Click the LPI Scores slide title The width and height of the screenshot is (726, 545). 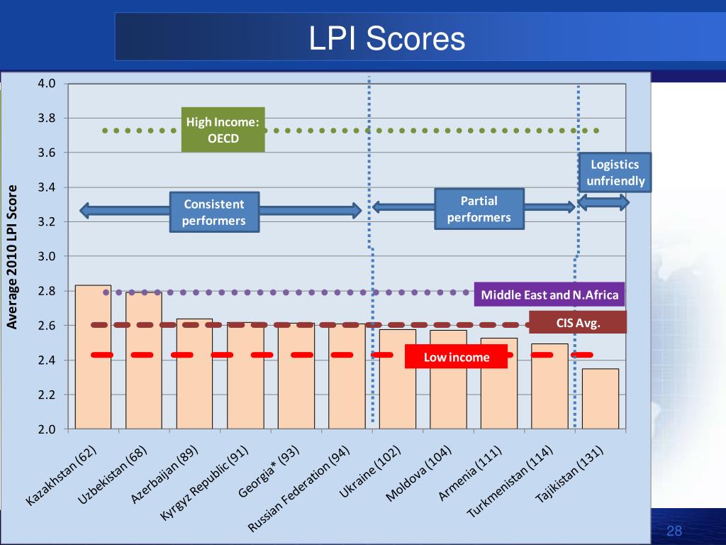click(x=386, y=38)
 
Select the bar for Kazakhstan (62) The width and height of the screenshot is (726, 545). click(x=93, y=357)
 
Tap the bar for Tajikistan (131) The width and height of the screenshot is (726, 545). click(x=600, y=399)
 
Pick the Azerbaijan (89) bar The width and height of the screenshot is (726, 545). click(x=194, y=373)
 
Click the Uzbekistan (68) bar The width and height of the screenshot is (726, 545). click(x=144, y=360)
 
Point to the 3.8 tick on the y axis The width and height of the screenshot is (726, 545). click(x=46, y=119)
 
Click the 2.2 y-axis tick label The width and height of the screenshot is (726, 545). click(x=46, y=395)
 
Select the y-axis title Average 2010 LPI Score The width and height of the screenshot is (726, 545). click(x=12, y=257)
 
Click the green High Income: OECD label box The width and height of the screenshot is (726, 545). click(x=223, y=130)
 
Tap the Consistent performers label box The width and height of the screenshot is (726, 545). click(x=214, y=212)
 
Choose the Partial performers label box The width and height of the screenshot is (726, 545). click(x=479, y=209)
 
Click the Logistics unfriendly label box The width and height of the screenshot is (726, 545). click(x=615, y=172)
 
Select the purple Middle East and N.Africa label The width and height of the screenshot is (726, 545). click(x=549, y=294)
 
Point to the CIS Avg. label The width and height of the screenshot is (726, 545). click(x=578, y=323)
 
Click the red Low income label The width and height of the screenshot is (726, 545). click(x=456, y=357)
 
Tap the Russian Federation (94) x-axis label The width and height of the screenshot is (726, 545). click(x=299, y=488)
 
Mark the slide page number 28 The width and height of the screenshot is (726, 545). click(x=674, y=531)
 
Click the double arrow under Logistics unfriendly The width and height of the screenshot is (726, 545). click(x=603, y=202)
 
